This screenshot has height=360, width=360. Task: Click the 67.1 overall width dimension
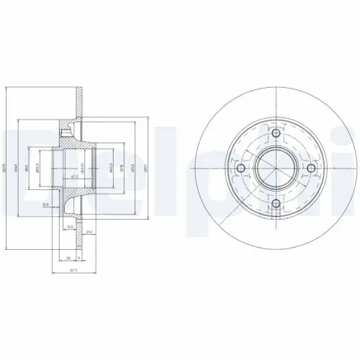tap(72, 271)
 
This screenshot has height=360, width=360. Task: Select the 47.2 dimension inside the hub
tap(74, 176)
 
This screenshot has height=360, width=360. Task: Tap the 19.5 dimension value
tap(71, 225)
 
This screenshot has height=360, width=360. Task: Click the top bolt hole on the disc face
tap(276, 133)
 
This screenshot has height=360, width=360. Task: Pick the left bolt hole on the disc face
tap(242, 168)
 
